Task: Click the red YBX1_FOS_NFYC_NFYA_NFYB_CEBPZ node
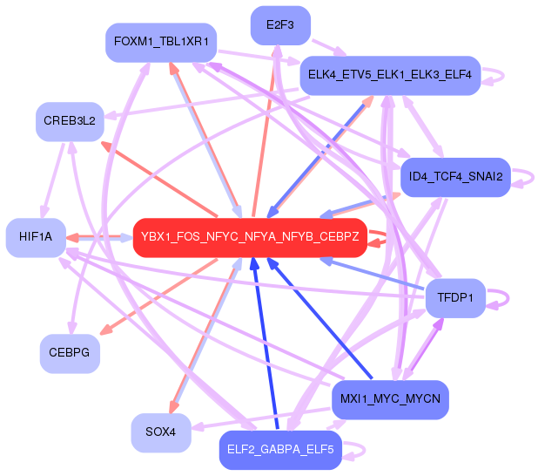(250, 237)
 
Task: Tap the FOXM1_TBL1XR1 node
(160, 42)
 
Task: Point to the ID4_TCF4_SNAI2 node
(454, 177)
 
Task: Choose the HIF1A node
(36, 237)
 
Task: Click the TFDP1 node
(455, 298)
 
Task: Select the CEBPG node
(70, 353)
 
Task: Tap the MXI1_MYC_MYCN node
(390, 399)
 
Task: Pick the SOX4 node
(161, 432)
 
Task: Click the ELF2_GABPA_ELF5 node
(279, 450)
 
